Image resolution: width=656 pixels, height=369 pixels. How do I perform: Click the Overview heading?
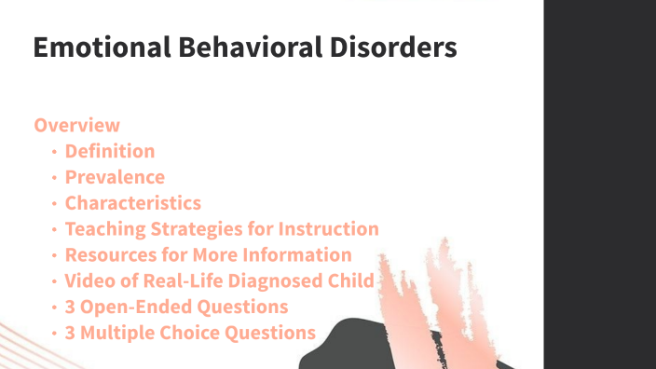pos(77,125)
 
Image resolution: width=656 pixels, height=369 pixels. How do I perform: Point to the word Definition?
pos(110,151)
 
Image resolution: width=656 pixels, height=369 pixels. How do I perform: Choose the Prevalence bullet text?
pos(115,177)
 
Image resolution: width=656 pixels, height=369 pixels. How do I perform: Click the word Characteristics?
pos(132,203)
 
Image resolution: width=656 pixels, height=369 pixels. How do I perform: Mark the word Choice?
pos(191,333)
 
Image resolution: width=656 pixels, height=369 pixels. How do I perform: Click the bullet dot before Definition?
pos(56,152)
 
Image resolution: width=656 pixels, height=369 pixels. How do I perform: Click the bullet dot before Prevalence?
pos(56,178)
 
